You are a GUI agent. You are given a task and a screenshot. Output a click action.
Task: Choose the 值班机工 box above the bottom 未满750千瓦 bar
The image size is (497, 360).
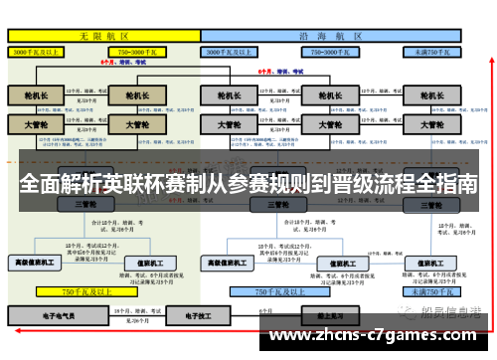pyautogui.click(x=432, y=263)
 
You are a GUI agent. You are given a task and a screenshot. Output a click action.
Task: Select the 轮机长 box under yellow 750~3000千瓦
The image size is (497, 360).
pyautogui.click(x=132, y=95)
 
